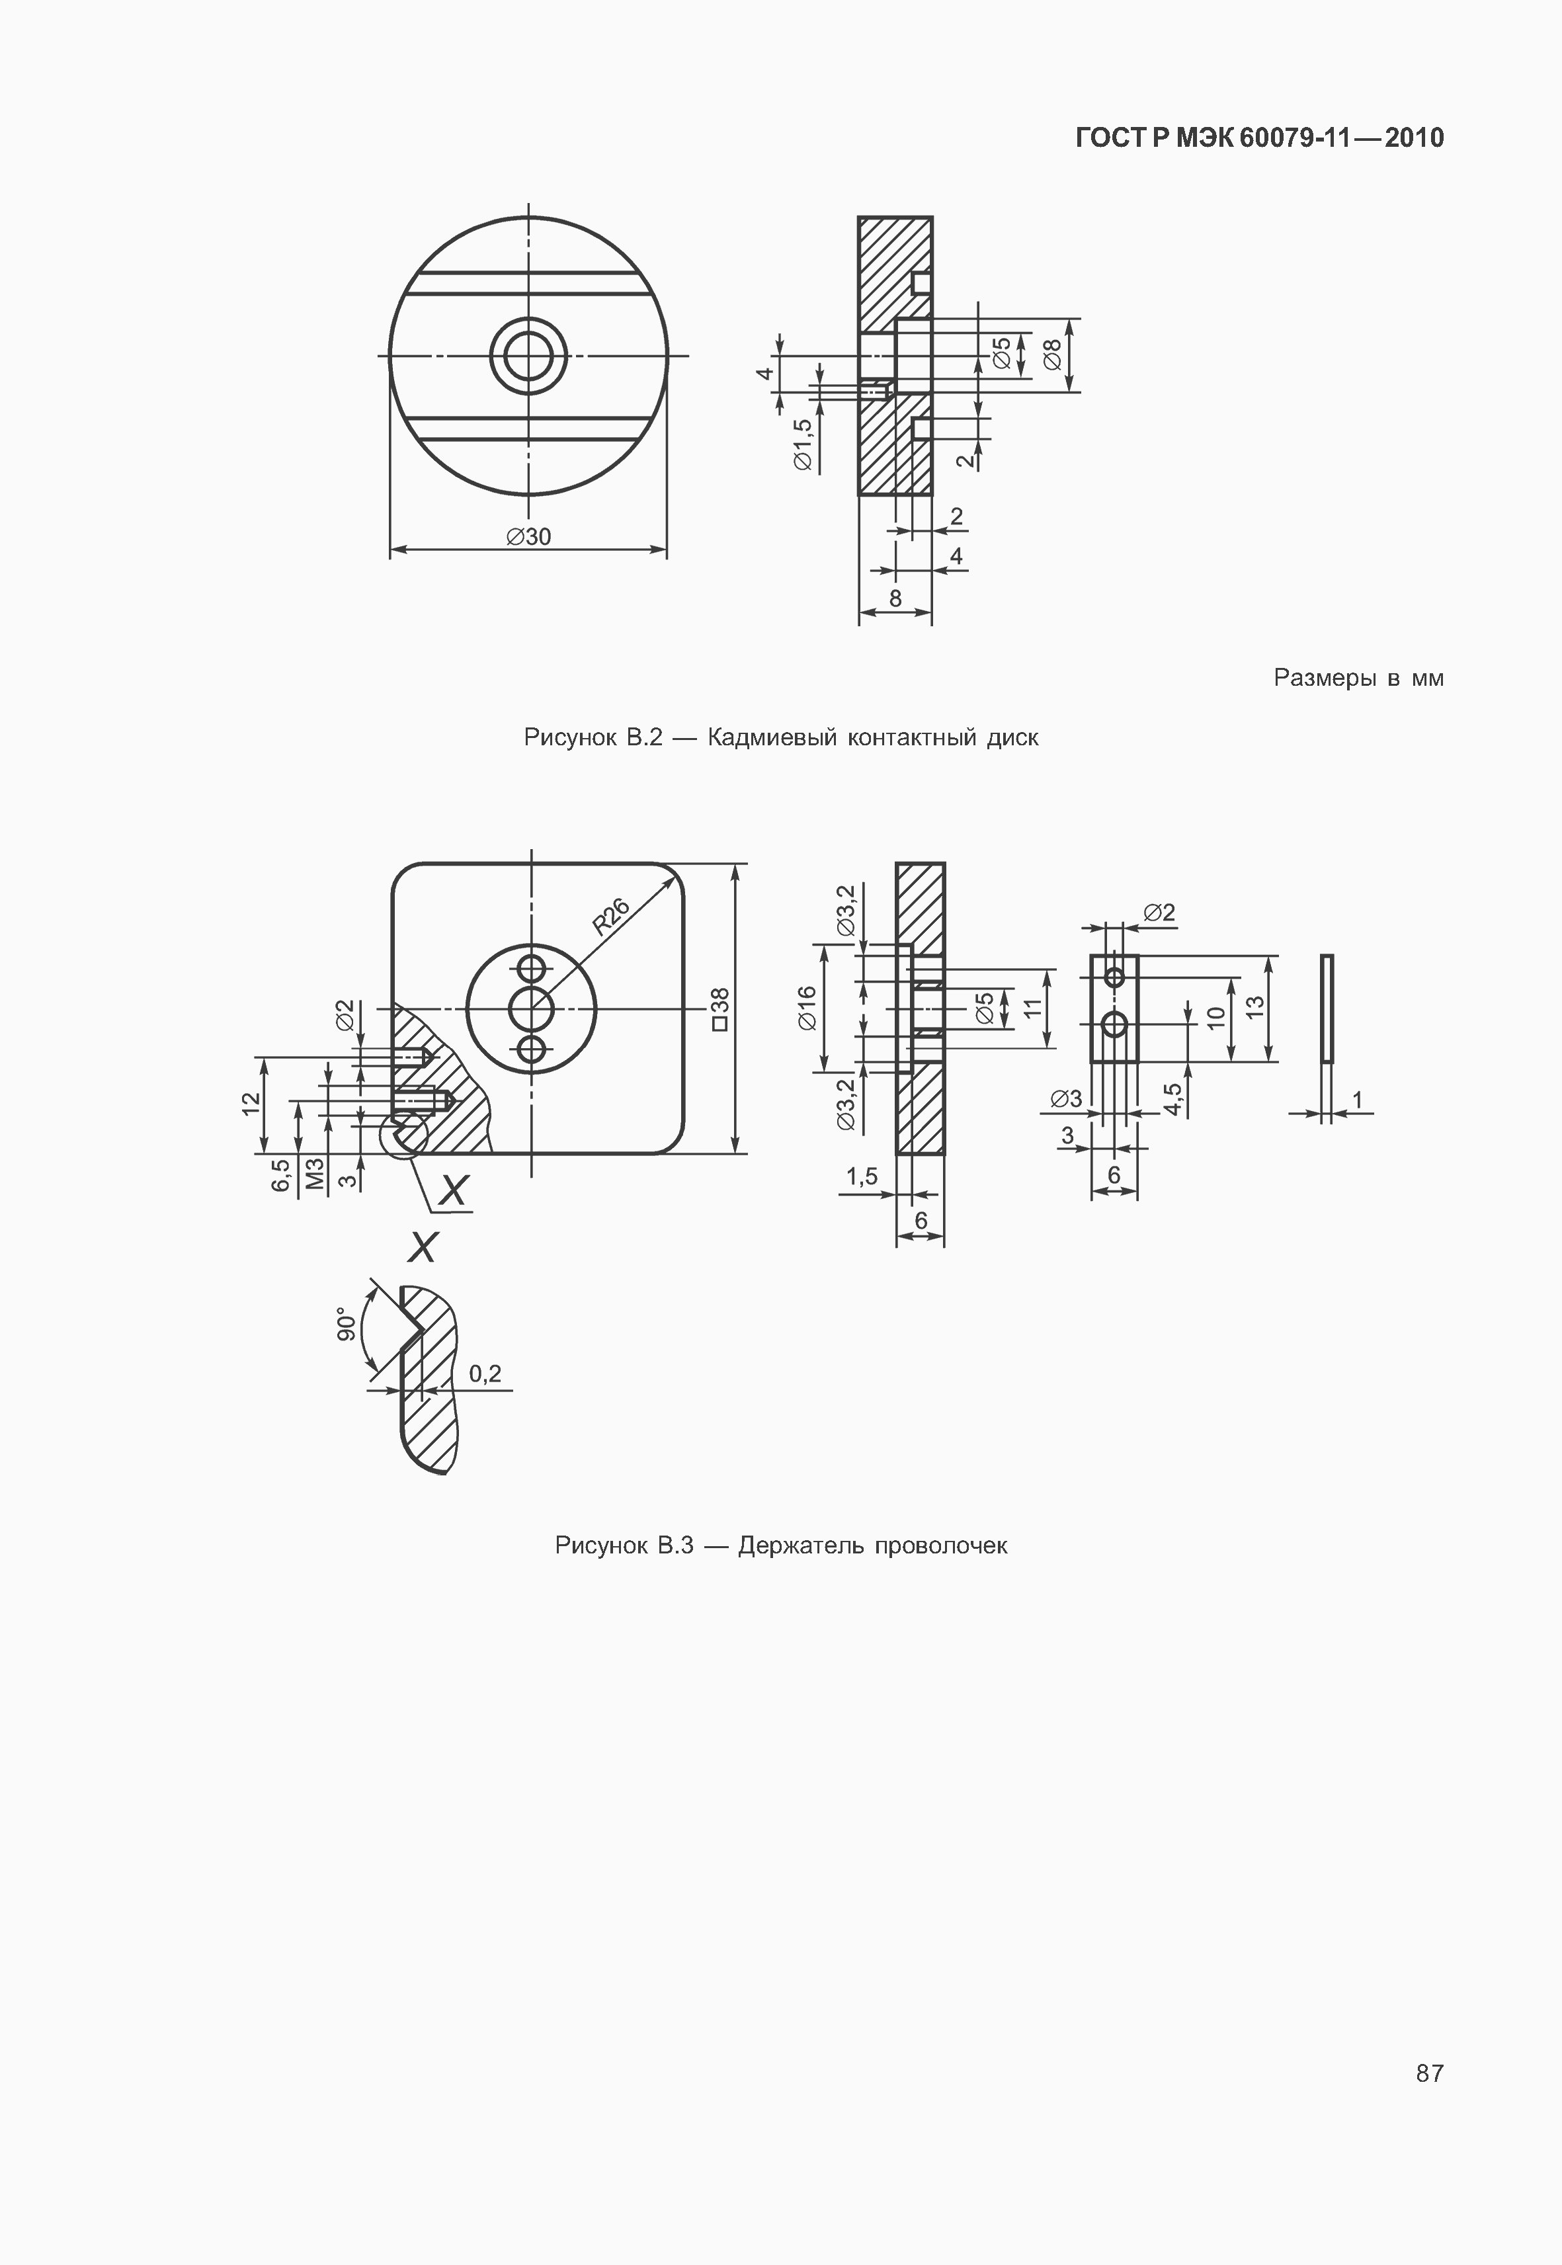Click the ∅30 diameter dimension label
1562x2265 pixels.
pos(528,536)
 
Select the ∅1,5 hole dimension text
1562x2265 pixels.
pos(803,445)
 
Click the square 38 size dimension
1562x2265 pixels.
pos(719,1009)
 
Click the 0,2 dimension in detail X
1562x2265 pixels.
pos(485,1374)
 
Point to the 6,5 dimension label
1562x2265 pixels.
pos(281,1174)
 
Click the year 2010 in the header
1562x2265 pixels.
pos(1415,138)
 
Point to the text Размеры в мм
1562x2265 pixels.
pos(1358,677)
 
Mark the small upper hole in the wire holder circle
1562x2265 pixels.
pos(532,969)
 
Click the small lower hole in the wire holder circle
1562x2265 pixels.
pos(532,1050)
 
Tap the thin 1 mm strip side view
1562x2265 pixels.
pos(1326,1009)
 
